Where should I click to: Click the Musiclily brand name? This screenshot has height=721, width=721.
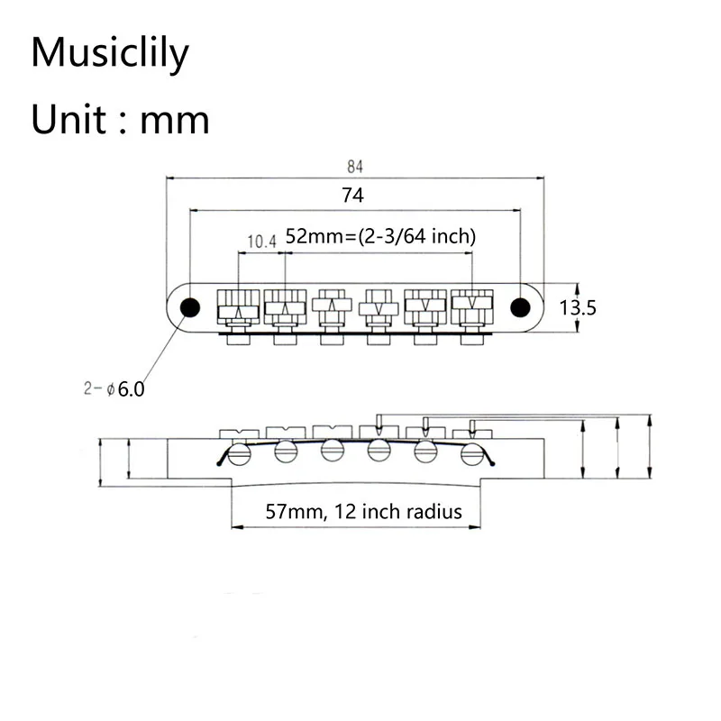(110, 53)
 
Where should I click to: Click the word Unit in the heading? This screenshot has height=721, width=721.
(68, 120)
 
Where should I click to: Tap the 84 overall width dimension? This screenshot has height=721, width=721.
(354, 167)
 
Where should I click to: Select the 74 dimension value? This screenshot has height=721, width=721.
(352, 195)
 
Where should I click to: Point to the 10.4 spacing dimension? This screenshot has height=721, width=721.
(261, 242)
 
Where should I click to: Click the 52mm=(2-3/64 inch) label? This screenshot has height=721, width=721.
(380, 236)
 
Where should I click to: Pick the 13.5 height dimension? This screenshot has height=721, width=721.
(578, 307)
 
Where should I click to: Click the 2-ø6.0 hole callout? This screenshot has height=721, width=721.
(114, 389)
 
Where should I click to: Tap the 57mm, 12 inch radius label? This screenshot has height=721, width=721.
(364, 511)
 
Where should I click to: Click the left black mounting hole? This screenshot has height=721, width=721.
(190, 307)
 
